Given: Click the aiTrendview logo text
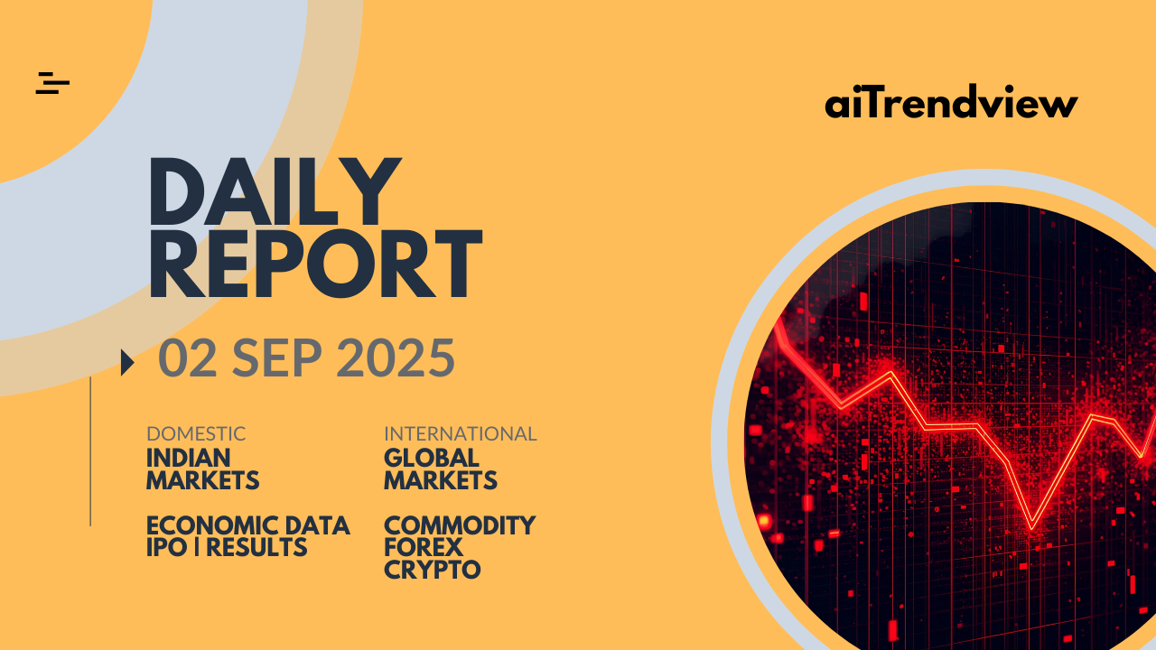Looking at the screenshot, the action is point(951,101).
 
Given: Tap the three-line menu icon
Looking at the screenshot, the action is point(52,83).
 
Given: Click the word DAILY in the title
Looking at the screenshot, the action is point(275,191).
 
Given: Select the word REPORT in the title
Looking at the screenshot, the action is point(315,264).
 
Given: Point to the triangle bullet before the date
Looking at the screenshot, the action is point(127,363).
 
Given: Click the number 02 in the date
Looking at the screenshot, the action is point(187,357).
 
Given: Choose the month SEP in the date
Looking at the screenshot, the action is point(277,357).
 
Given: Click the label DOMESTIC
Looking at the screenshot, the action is point(196,434).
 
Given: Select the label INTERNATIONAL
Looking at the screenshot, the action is point(461,434).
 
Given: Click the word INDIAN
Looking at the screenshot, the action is point(189,458).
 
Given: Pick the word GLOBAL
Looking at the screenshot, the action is point(432,458).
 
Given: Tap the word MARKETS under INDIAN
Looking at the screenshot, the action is point(203,480).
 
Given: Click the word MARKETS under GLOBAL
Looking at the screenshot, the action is point(441,480).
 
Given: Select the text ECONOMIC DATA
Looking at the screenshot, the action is point(248,525).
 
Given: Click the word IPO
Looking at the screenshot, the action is point(167,547).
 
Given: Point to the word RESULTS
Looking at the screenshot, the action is point(256,547).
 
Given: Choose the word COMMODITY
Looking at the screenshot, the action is point(460,525).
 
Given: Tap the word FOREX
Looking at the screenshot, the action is point(424,547).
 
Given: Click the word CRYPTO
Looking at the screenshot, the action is point(433,570).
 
